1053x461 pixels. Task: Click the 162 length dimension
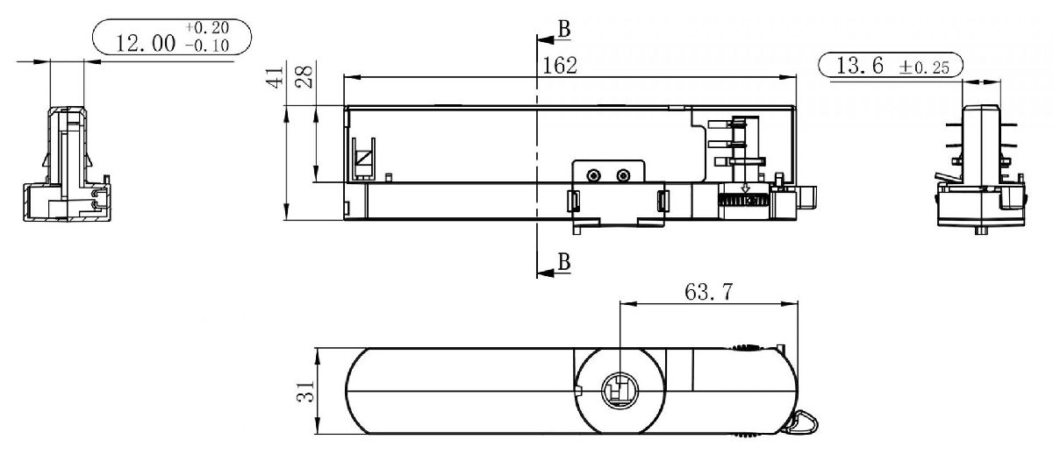(x=561, y=66)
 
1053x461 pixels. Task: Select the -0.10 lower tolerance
(x=207, y=46)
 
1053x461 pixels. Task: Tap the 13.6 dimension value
(x=859, y=67)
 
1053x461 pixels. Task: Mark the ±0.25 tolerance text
(x=923, y=68)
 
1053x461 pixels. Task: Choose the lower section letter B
(x=564, y=261)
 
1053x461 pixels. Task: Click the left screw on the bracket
(x=594, y=175)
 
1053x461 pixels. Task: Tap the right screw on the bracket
(x=624, y=175)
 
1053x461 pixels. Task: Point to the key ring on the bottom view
(x=803, y=425)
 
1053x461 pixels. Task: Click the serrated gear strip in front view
(x=743, y=201)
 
